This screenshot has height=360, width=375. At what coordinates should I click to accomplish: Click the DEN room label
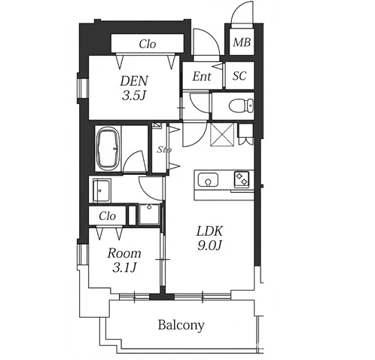(134, 81)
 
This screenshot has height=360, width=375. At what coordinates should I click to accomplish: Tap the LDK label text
(209, 231)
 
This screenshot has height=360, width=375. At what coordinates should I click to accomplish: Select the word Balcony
(181, 325)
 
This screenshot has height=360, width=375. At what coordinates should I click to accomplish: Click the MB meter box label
(242, 42)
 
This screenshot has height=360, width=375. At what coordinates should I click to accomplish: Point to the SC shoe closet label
(239, 75)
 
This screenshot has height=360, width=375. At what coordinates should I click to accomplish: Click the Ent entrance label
(202, 76)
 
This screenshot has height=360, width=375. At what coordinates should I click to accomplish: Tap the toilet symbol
(241, 105)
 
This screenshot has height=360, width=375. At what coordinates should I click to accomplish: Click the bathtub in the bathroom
(108, 148)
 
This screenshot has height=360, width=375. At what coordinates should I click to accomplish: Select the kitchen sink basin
(208, 180)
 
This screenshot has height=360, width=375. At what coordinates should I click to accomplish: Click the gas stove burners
(242, 179)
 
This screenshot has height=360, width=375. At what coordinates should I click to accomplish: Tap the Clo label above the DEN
(148, 44)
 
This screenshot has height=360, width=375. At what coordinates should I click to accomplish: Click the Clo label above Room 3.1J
(107, 216)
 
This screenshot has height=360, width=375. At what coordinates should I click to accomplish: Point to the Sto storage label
(164, 150)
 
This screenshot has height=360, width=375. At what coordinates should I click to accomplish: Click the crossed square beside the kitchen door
(222, 134)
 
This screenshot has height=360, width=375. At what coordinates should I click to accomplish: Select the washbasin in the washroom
(102, 191)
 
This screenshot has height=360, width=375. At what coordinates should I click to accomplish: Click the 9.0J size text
(209, 245)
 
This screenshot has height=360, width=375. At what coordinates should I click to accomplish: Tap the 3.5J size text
(134, 96)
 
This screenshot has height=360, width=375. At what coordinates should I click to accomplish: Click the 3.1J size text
(124, 267)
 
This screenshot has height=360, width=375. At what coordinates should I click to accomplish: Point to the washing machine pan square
(149, 215)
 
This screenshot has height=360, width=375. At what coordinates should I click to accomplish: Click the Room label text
(124, 253)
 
